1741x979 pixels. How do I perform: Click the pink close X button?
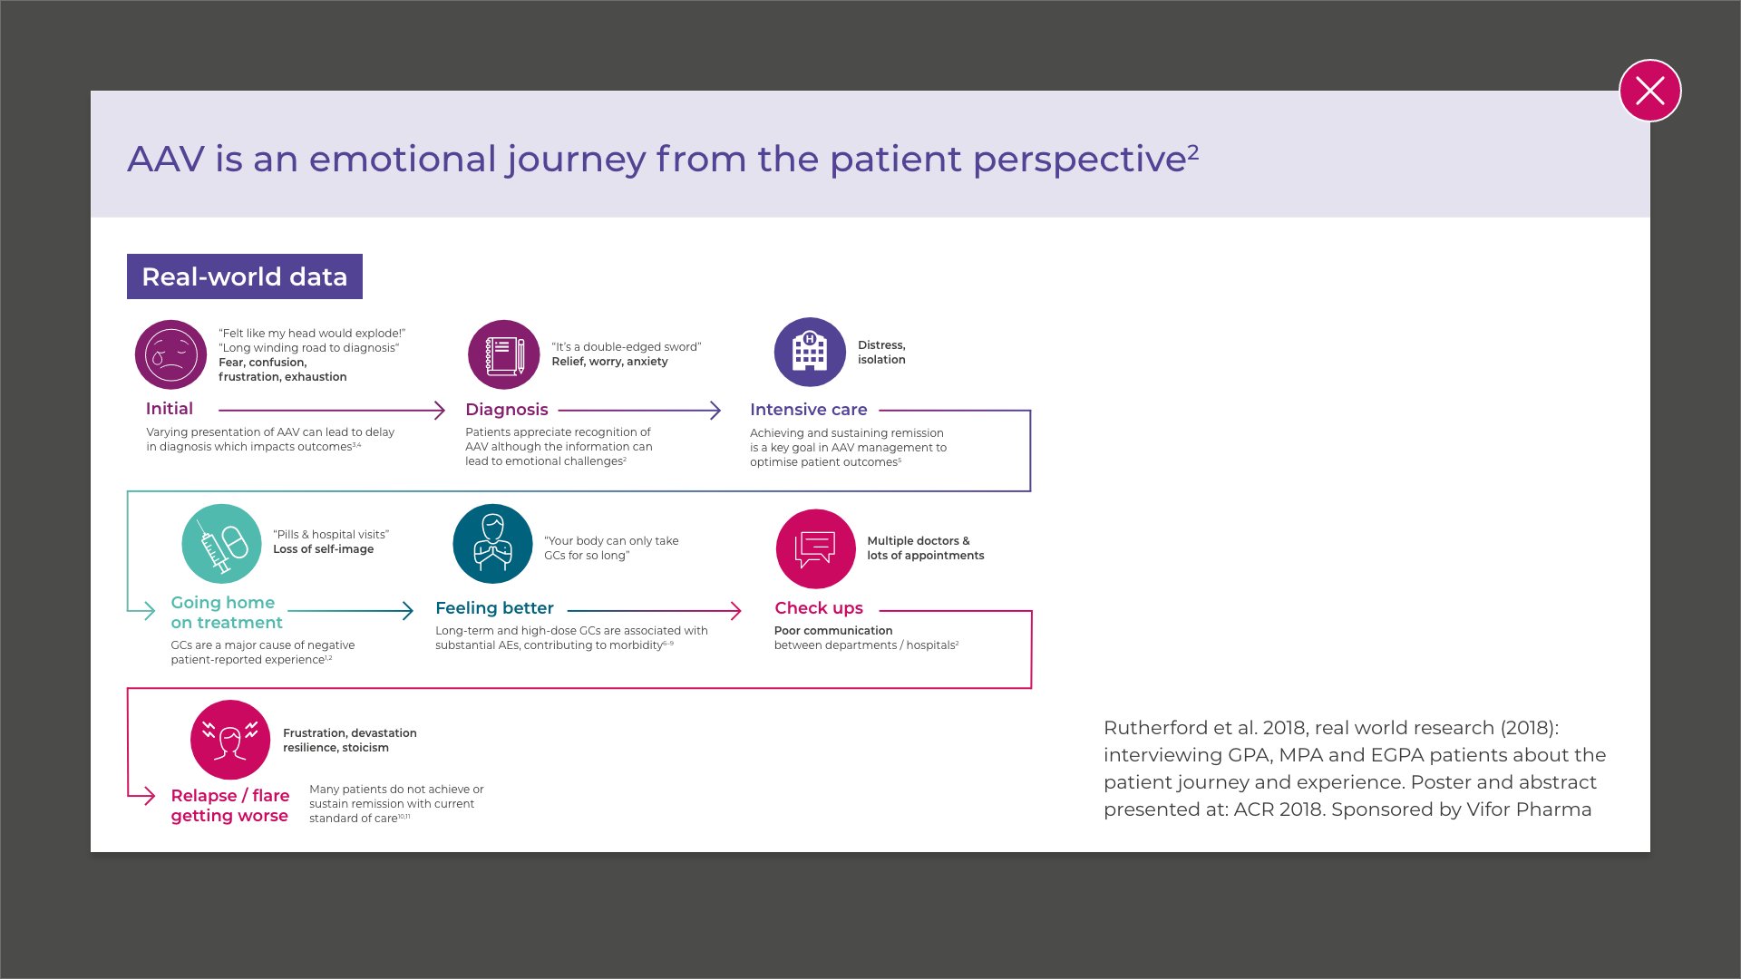click(x=1649, y=91)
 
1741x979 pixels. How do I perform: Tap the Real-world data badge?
click(x=245, y=276)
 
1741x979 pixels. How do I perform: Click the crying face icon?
click(x=170, y=354)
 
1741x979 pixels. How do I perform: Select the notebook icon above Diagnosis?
click(x=504, y=354)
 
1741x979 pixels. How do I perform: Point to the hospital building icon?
click(x=810, y=352)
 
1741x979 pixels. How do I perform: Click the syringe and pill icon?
click(x=221, y=544)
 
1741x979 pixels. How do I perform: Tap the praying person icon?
click(x=492, y=544)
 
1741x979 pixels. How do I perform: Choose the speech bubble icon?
click(x=815, y=548)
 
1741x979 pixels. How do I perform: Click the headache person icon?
click(x=230, y=740)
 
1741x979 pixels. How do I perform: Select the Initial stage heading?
click(x=170, y=409)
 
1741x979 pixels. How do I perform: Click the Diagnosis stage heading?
click(x=507, y=410)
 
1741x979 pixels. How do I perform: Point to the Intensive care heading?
click(x=808, y=410)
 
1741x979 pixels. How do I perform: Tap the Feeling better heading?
click(x=494, y=608)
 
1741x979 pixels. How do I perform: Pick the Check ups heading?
click(x=819, y=608)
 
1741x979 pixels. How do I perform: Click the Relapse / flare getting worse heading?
click(x=230, y=805)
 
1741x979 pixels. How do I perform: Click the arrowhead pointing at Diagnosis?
click(x=440, y=411)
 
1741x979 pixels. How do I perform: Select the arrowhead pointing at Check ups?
click(x=735, y=611)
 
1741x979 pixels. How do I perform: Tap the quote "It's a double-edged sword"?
click(x=627, y=347)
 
